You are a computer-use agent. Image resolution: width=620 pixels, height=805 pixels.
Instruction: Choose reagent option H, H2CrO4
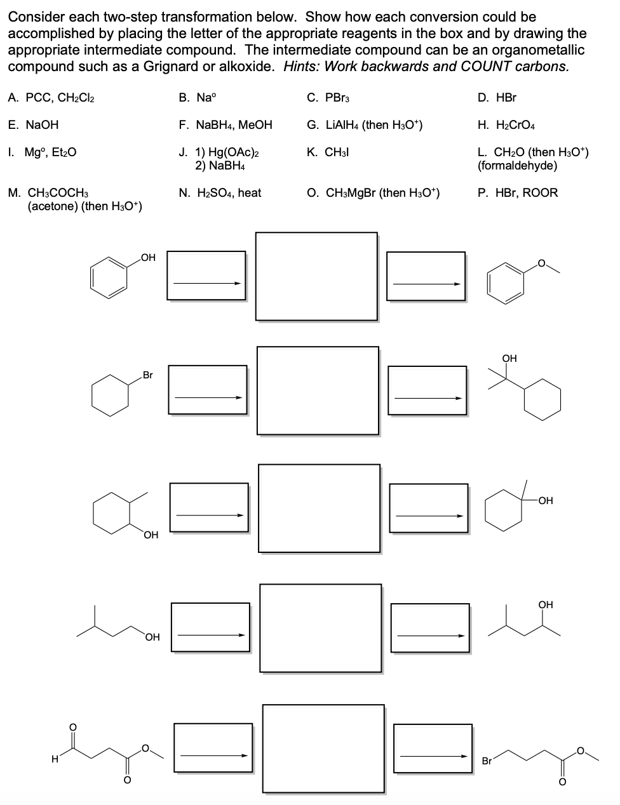[x=506, y=125]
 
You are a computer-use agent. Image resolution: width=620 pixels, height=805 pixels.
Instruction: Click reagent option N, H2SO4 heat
[x=220, y=192]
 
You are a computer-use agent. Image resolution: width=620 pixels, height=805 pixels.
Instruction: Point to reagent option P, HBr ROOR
[x=517, y=192]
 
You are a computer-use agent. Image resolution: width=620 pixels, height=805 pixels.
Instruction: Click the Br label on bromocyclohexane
[x=147, y=375]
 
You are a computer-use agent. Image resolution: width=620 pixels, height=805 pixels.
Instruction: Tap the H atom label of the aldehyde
[x=55, y=757]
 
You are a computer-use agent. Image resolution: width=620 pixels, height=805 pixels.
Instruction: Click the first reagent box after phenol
[x=206, y=276]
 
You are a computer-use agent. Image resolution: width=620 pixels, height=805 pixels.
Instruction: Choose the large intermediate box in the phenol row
[x=316, y=276]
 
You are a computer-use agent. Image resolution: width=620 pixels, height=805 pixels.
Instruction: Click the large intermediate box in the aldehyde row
[x=323, y=748]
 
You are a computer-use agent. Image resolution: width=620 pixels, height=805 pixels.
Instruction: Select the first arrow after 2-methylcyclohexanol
[x=210, y=515]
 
